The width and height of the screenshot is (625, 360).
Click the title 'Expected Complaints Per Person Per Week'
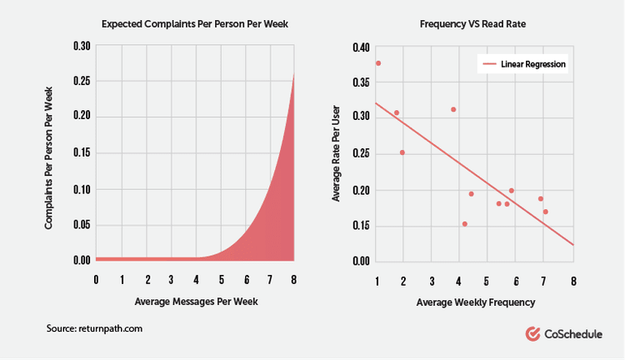point(195,23)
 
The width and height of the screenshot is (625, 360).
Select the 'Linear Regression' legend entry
point(533,64)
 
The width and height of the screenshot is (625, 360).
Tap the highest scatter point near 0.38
point(378,63)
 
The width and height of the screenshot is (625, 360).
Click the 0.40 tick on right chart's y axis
point(360,47)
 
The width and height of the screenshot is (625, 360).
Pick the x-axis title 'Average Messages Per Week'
point(195,300)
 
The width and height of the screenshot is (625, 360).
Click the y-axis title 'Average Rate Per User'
point(337,154)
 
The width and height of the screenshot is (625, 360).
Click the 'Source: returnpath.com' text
point(95,329)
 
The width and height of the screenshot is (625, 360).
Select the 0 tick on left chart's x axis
point(97,279)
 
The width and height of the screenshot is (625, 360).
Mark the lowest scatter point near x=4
point(464,223)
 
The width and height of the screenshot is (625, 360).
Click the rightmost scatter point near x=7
point(545,212)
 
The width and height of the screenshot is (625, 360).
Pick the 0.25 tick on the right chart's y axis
point(360,154)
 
